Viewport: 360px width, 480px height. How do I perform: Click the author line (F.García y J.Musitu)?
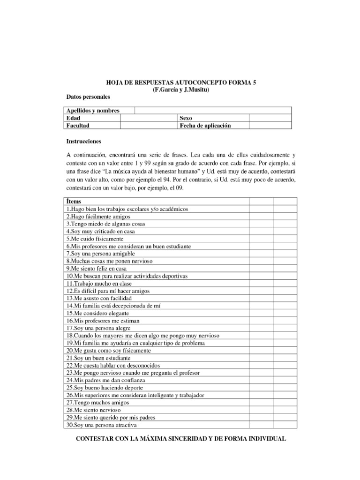point(181,90)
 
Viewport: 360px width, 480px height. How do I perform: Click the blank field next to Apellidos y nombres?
point(213,111)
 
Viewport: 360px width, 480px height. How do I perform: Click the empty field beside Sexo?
point(270,118)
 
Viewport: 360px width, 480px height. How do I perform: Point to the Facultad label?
point(78,126)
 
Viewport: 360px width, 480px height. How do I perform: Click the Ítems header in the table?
point(74,201)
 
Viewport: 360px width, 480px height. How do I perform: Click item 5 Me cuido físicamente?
point(94,239)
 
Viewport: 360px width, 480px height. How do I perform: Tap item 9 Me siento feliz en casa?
point(96,269)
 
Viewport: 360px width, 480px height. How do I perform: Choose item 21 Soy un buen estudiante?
point(98,358)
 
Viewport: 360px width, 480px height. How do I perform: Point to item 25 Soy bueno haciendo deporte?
point(105,388)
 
